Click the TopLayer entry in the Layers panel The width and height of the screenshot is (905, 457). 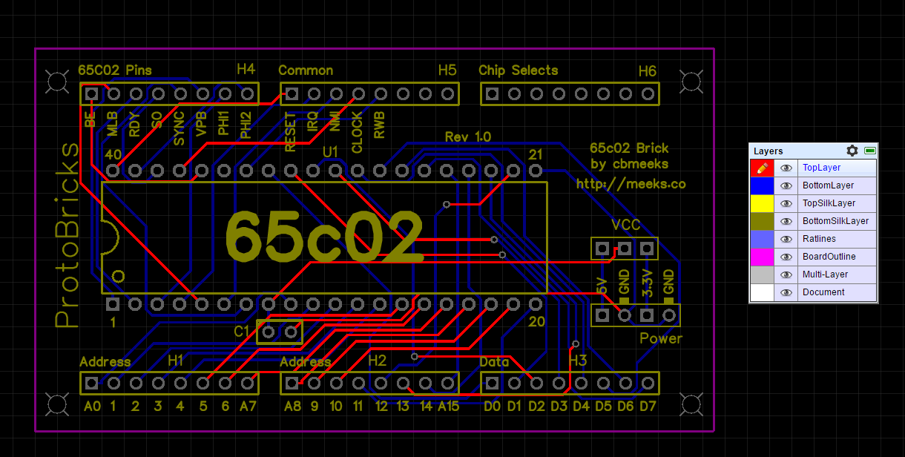pos(821,168)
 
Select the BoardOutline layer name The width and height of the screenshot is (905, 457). pos(829,257)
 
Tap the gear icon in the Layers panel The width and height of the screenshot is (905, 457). pos(852,151)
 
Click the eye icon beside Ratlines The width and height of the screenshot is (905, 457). pos(786,239)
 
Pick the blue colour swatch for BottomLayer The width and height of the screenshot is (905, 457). pos(762,185)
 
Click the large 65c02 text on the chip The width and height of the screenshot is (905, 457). pos(324,236)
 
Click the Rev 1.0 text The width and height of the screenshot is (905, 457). pos(467,137)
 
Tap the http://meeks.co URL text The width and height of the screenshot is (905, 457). pos(631,183)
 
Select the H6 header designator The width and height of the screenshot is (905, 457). pos(647,71)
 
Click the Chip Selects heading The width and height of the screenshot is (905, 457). pos(518,70)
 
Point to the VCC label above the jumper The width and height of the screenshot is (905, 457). pos(625,226)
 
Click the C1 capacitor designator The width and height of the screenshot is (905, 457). pos(242,332)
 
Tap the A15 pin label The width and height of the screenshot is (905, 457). pos(448,406)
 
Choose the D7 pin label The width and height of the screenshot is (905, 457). pos(647,406)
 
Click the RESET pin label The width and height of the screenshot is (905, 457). pos(290,131)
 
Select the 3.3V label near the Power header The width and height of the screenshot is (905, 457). pos(647,284)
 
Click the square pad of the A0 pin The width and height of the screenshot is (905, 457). pos(91,383)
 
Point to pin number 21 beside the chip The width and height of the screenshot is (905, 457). pos(535,154)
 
